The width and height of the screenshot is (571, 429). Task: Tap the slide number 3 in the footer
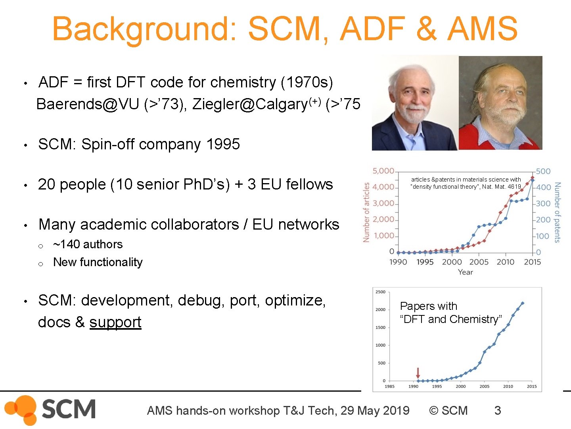497,410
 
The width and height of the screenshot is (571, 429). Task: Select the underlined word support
115,322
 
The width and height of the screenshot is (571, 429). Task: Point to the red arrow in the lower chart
418,373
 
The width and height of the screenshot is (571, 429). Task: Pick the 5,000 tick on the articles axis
383,171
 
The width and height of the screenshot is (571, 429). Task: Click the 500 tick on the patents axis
543,171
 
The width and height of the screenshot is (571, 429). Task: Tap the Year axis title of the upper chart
466,272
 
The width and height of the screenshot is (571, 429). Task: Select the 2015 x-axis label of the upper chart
532,262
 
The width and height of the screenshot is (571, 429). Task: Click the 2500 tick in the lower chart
380,292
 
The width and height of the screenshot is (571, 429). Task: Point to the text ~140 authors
88,244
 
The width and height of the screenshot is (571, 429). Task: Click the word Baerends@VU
87,104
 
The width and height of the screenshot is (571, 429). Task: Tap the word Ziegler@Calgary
250,104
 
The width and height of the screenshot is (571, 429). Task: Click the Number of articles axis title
366,212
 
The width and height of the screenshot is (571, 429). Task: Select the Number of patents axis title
557,212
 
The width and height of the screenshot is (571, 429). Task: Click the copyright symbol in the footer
434,410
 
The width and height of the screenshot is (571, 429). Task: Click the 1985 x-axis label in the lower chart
389,386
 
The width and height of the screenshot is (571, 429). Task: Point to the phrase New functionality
98,262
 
